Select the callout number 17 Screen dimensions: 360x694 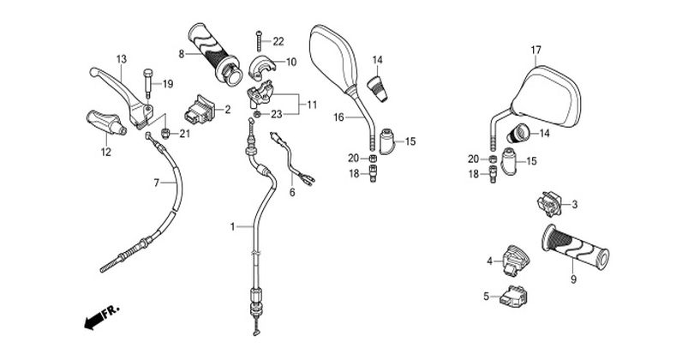[536, 49]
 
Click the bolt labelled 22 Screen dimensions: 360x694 [256, 39]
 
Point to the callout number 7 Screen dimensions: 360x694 [157, 183]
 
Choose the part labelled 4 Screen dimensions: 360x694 [515, 258]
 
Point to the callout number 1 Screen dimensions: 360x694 [231, 226]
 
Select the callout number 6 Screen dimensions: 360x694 [291, 193]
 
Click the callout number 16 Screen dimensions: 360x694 [338, 117]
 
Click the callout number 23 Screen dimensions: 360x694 [277, 113]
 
